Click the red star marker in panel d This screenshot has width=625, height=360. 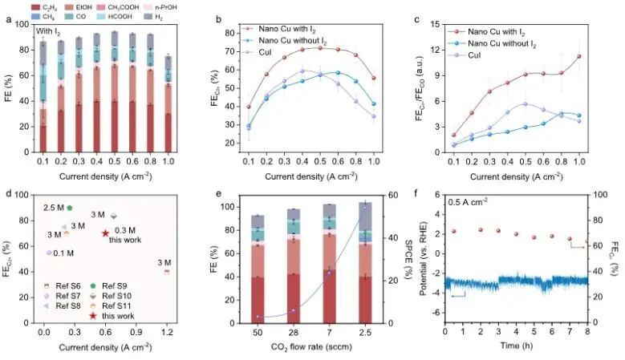106,233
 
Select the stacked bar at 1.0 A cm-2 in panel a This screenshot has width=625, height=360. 167,105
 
